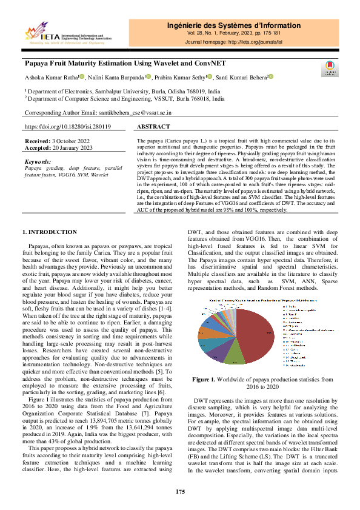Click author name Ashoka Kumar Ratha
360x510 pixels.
(x=51, y=77)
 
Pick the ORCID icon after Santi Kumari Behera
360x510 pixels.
(x=272, y=77)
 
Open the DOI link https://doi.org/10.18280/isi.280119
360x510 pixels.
(x=67, y=128)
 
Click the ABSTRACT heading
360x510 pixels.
(x=153, y=128)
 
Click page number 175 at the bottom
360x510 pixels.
(x=180, y=491)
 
